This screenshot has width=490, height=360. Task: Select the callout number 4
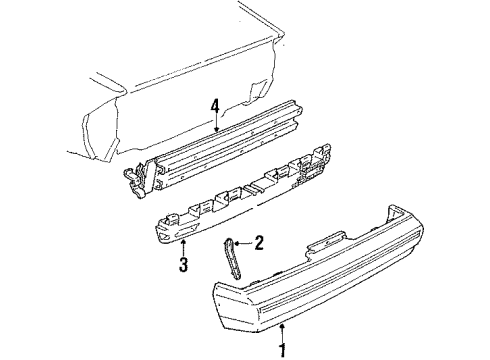[x=214, y=103]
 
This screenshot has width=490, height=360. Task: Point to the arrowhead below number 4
[x=214, y=128]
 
